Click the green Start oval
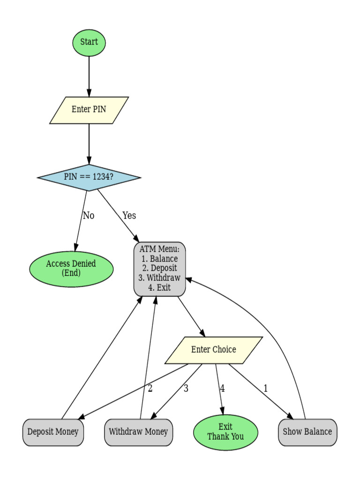coord(89,42)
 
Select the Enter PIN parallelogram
coord(89,110)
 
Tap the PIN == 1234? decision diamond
coord(89,177)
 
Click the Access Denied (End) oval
coord(71,268)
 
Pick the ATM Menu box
coord(159,269)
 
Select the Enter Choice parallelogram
coord(213,350)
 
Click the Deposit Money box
coord(53,432)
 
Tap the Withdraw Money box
coord(138,432)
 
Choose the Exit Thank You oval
coord(225,432)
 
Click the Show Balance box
coord(307,432)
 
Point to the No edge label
coord(89,216)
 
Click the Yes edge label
coord(129,216)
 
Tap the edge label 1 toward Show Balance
coord(266,388)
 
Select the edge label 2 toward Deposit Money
coord(150,388)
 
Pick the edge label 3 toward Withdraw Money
coord(186,388)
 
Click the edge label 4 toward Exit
coord(222,388)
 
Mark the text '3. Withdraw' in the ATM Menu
coord(159,278)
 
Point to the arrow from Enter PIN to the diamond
coord(89,143)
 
